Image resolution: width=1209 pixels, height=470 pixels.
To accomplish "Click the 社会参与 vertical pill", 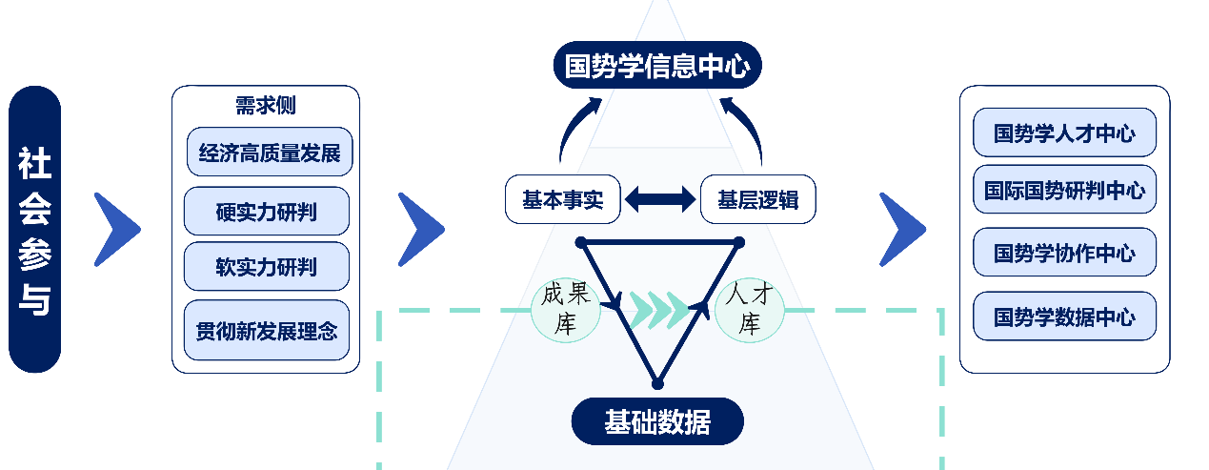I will click(x=34, y=230).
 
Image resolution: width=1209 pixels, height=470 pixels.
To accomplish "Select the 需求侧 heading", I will click(x=266, y=106).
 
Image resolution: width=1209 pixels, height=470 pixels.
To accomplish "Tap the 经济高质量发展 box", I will click(x=270, y=153).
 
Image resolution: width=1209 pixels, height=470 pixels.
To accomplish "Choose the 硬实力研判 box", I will click(x=266, y=212).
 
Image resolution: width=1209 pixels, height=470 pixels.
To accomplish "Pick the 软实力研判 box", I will click(x=266, y=266).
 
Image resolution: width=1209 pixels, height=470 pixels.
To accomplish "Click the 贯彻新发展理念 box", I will click(x=266, y=331).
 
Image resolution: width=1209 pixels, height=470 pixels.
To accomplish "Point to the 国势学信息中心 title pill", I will click(x=657, y=67).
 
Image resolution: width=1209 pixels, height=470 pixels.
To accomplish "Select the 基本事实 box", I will click(x=562, y=200).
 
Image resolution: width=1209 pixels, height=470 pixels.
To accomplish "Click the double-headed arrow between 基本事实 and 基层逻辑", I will click(x=659, y=200).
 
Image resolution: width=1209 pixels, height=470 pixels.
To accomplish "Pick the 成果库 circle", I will click(x=566, y=309).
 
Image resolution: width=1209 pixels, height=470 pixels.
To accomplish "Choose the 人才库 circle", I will click(x=751, y=309).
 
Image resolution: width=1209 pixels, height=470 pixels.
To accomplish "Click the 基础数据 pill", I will click(x=656, y=421).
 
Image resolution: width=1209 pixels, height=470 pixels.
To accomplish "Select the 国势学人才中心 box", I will click(x=1064, y=133).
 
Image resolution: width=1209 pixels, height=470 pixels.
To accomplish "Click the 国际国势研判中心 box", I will click(x=1064, y=191).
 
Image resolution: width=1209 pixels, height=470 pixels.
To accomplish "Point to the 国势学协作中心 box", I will click(x=1064, y=253).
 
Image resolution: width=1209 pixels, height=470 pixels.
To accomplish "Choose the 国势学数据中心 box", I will click(x=1064, y=317).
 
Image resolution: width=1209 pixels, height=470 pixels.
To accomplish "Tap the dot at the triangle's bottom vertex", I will click(x=656, y=383).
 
